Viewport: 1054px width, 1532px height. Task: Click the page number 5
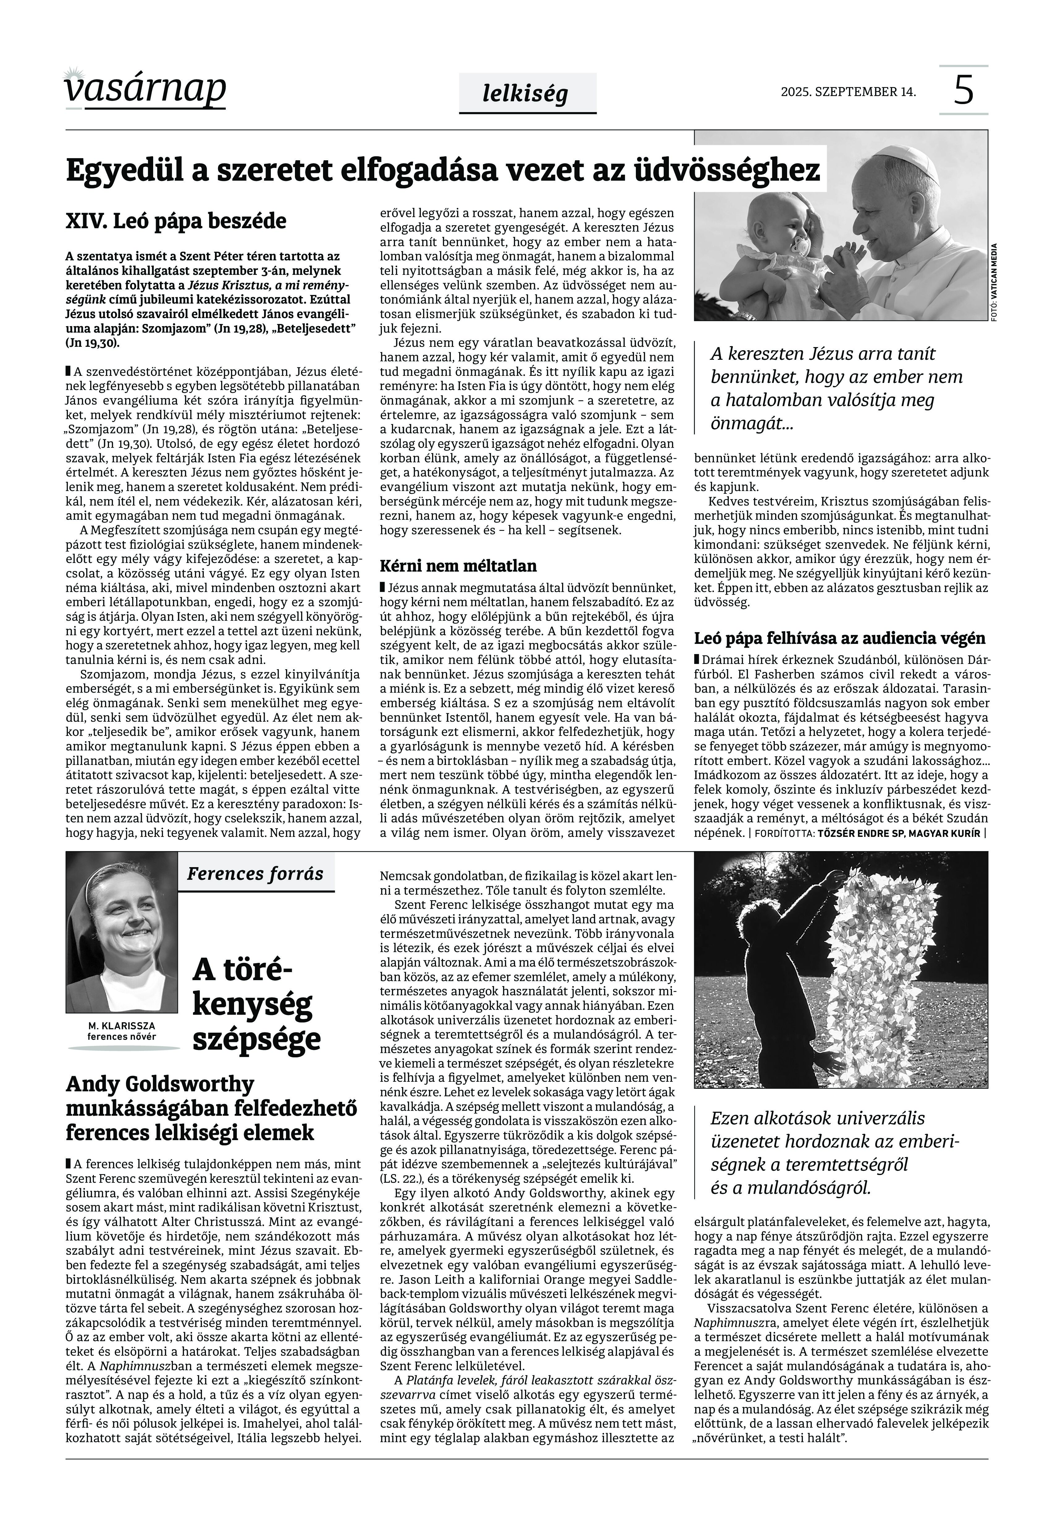click(964, 90)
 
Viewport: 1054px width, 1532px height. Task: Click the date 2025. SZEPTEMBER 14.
click(848, 92)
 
